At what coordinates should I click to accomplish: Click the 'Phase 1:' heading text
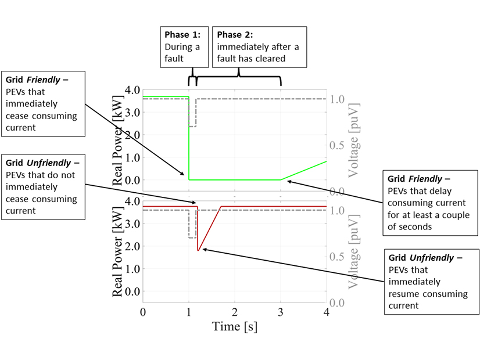point(181,34)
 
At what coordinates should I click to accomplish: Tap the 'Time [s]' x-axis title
point(234,326)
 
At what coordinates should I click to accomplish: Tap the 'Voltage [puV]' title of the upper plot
point(353,140)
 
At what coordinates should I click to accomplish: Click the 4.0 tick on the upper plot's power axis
point(128,91)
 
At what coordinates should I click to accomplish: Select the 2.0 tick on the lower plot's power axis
point(128,246)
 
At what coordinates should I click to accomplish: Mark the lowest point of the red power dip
point(198,250)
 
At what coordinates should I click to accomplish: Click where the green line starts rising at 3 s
point(281,179)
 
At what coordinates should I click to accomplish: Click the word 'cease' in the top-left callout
point(16,116)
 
